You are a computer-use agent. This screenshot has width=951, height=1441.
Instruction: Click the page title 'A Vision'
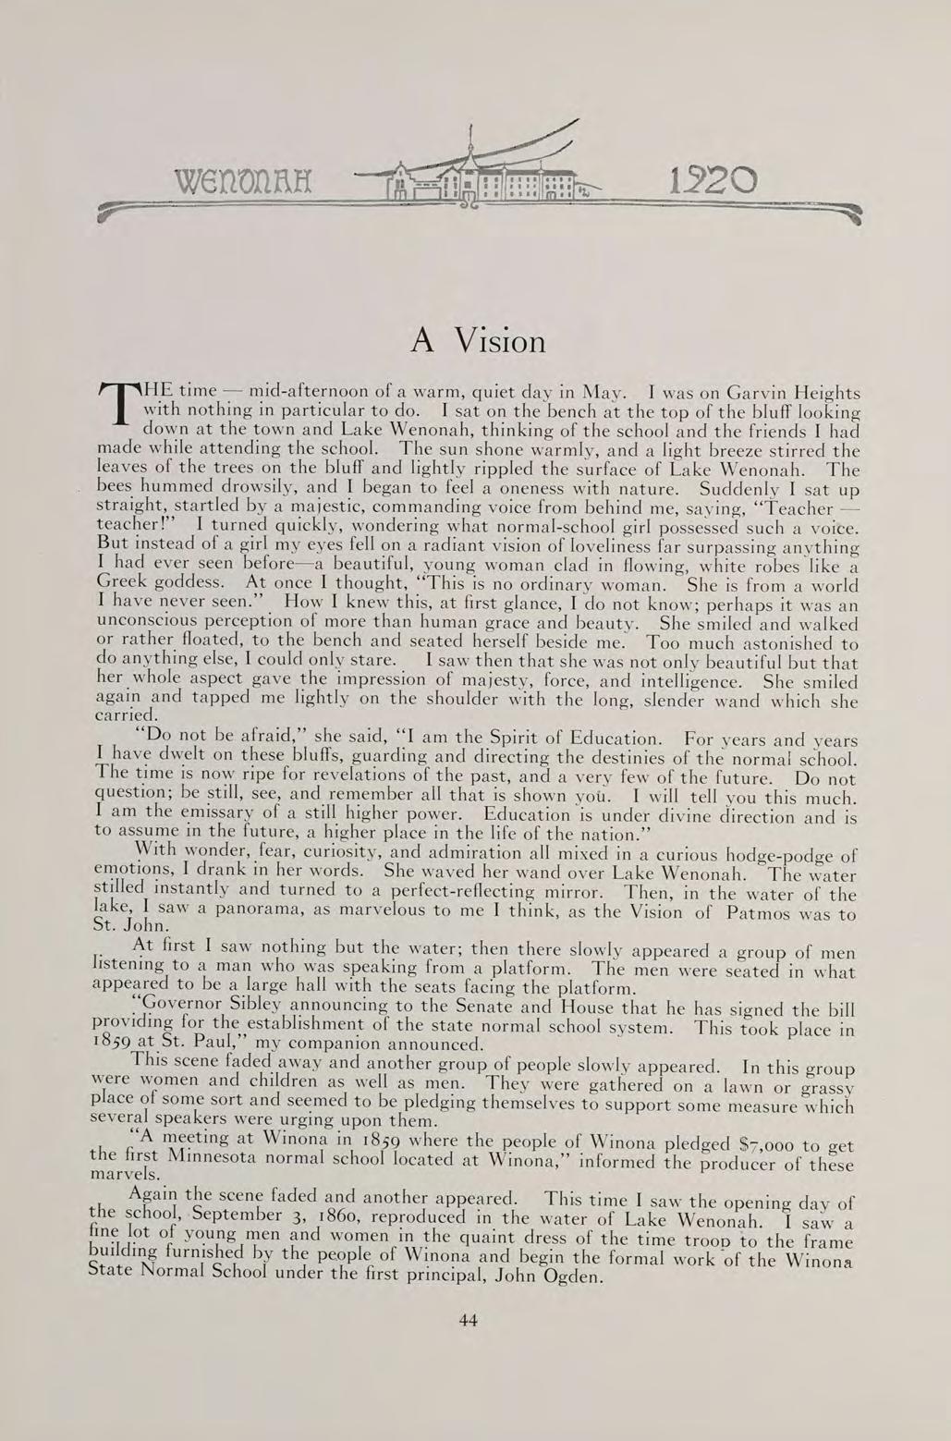pos(478,341)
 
